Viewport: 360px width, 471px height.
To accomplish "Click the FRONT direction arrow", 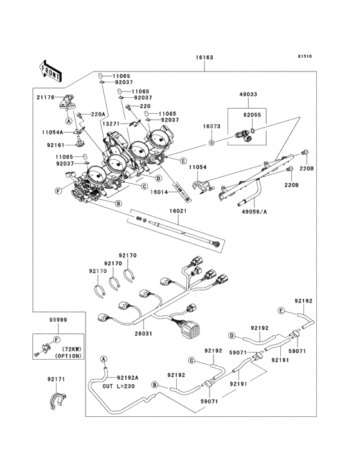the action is click(50, 71).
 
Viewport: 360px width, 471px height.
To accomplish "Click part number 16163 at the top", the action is click(204, 57).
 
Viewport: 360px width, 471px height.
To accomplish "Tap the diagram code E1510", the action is click(305, 56).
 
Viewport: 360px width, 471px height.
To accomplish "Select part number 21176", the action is click(46, 97).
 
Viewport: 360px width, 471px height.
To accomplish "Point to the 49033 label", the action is click(248, 95).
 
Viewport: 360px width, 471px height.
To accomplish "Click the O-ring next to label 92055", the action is click(253, 131).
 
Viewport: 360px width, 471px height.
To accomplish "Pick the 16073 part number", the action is click(212, 127).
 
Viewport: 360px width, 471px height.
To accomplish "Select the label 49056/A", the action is click(255, 212).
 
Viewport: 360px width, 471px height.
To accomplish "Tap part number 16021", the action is click(178, 211).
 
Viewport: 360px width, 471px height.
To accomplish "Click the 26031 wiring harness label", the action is click(143, 333).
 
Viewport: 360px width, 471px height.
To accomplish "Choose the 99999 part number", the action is click(59, 320).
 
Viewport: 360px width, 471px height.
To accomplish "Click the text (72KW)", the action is click(72, 349).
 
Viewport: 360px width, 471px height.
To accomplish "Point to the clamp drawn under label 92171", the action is click(58, 401).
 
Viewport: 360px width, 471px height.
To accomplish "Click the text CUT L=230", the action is click(119, 386).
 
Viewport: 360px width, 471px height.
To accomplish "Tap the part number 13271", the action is click(111, 124).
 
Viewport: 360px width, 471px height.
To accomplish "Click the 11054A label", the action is click(53, 132).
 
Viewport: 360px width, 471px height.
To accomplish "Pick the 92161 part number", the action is click(56, 145).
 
